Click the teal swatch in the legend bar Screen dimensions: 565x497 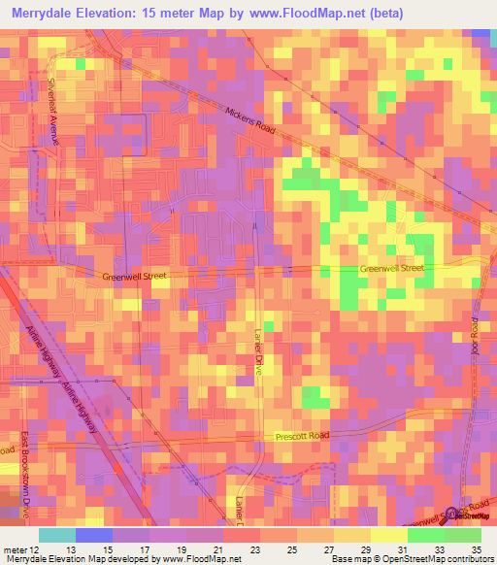[56, 535]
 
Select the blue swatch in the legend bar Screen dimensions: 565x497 [93, 535]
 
